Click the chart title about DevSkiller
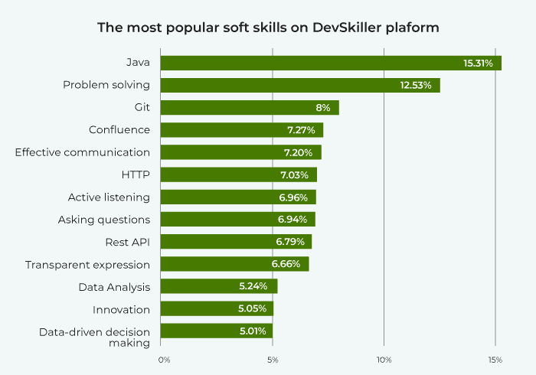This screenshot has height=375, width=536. tap(268, 28)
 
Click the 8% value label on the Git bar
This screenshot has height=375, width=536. tap(322, 108)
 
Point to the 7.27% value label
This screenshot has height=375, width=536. tap(302, 130)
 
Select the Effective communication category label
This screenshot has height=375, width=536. tap(83, 152)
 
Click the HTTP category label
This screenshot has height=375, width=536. tap(136, 174)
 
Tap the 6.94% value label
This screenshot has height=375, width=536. tap(293, 220)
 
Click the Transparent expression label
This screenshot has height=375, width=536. tap(87, 265)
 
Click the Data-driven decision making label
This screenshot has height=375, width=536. tap(94, 337)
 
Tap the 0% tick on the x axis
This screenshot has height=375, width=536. tap(163, 360)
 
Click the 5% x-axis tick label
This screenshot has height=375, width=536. tap(273, 360)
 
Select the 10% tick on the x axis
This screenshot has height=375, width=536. tap(384, 360)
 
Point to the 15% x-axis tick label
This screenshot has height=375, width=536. tap(495, 360)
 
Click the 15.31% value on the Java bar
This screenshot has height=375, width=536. tap(478, 63)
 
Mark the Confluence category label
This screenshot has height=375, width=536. tap(119, 130)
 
